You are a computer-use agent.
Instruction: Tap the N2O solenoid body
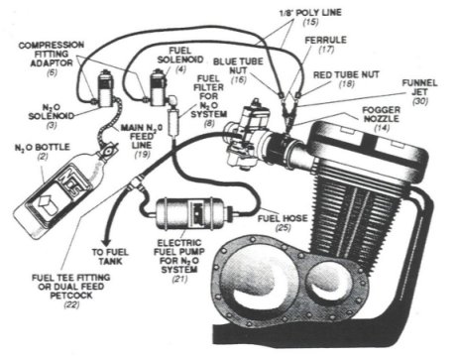tap(105, 88)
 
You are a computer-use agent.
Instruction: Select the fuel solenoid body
tap(157, 87)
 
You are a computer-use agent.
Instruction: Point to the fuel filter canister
tap(172, 122)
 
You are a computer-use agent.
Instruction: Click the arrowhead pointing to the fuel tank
tap(107, 243)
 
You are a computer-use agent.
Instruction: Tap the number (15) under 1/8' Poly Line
tap(310, 22)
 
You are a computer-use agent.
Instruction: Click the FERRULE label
tap(325, 40)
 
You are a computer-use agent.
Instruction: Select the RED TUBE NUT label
tap(346, 74)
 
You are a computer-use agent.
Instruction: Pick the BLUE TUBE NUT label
tap(238, 65)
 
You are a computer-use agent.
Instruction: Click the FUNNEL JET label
tap(419, 87)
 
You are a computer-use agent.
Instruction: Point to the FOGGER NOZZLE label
tap(381, 114)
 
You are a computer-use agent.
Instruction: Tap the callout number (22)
tap(71, 304)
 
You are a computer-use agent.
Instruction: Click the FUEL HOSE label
tap(283, 218)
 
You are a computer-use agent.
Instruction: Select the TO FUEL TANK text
tap(110, 257)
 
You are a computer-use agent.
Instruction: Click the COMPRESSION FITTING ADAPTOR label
tap(52, 54)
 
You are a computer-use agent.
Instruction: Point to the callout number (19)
tap(142, 154)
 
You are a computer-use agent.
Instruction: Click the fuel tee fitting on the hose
tap(137, 181)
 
